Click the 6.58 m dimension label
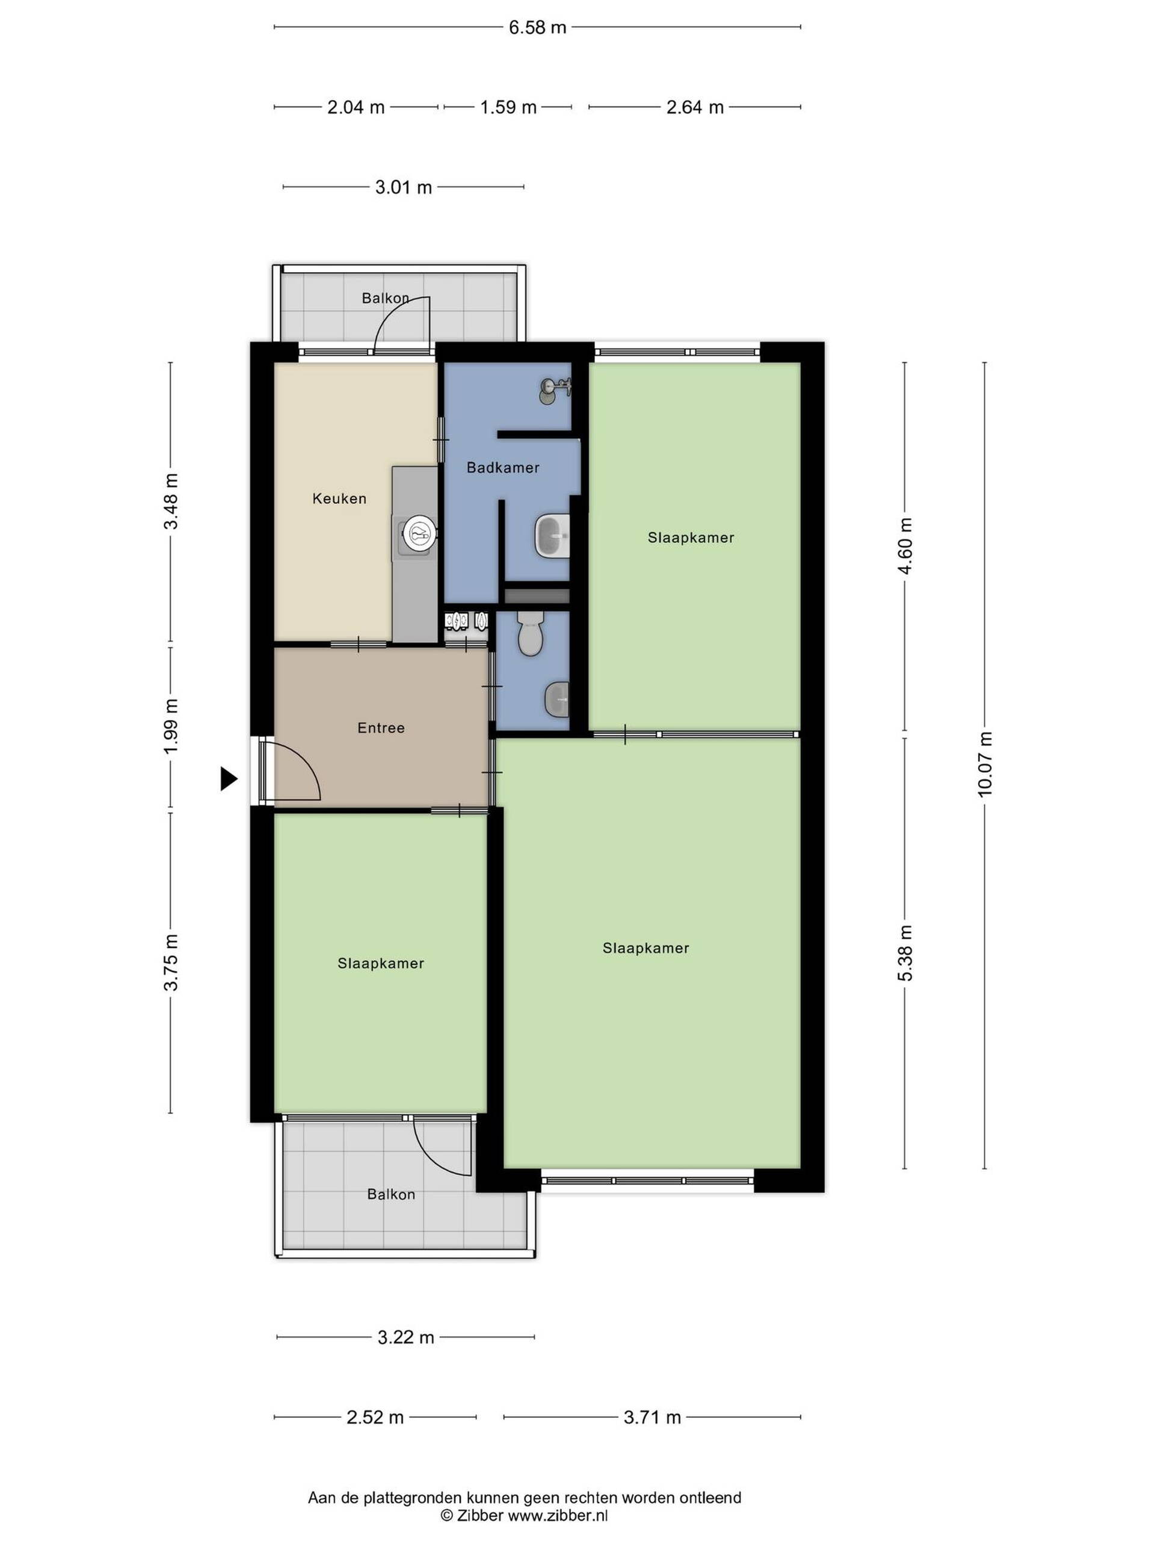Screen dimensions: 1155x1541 (x=537, y=27)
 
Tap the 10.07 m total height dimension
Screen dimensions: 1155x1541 (x=984, y=765)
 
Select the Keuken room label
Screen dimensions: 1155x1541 (x=339, y=498)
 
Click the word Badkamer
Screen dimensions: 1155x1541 (x=503, y=468)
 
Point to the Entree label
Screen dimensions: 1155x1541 (x=381, y=727)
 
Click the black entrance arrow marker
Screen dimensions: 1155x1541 (x=229, y=778)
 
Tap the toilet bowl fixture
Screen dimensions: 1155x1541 (x=531, y=633)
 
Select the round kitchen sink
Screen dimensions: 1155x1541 (x=420, y=535)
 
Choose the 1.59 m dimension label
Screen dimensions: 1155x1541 (x=508, y=107)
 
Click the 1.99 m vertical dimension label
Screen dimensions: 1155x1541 (x=171, y=725)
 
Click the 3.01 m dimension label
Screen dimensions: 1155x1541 (x=404, y=187)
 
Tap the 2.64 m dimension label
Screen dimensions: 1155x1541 (x=695, y=107)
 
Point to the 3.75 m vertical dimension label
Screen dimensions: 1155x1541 (x=171, y=962)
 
